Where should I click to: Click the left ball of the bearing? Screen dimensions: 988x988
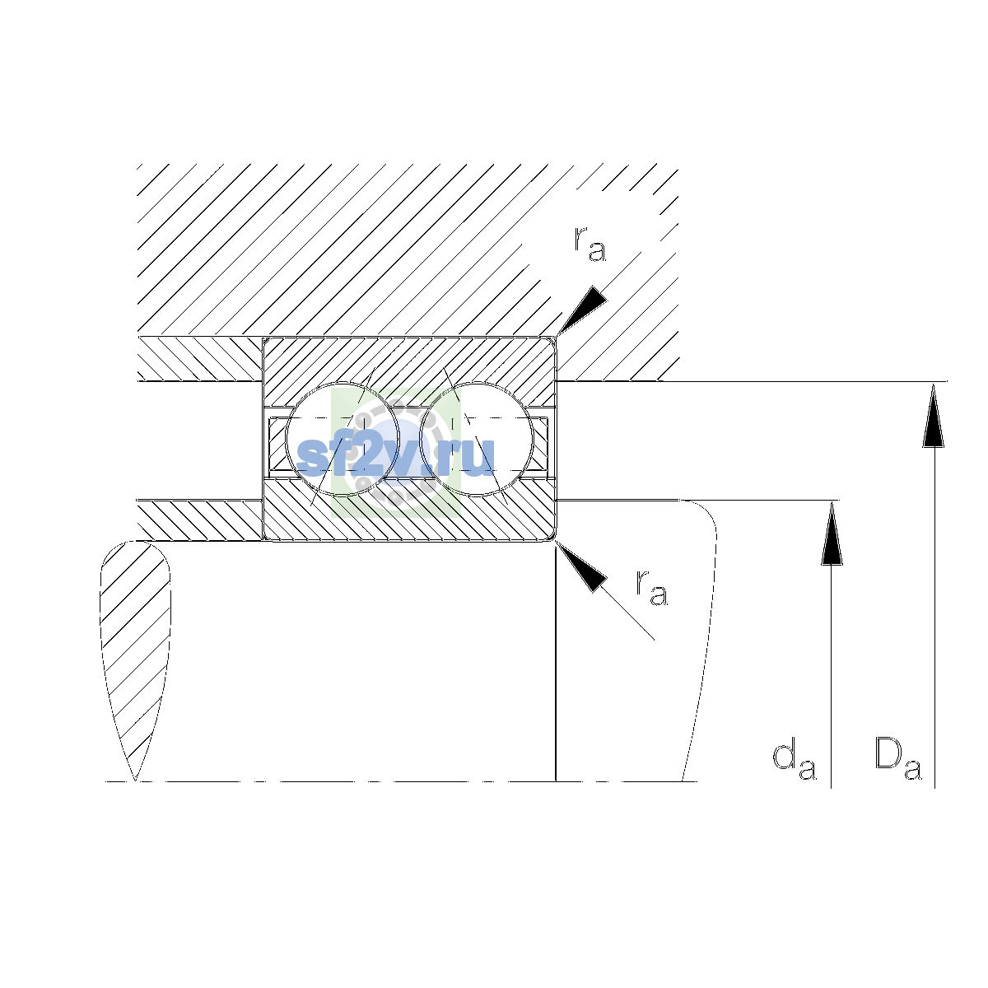pos(343,440)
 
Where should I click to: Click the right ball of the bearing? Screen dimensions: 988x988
pos(477,440)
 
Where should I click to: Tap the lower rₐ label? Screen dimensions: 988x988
pos(651,588)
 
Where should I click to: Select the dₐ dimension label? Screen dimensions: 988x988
pos(795,762)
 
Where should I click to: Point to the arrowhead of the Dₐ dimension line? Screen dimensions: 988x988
pos(933,415)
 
